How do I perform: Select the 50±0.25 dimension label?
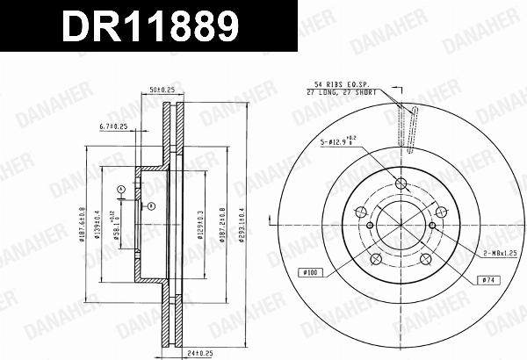click(x=162, y=90)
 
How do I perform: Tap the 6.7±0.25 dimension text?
click(x=113, y=127)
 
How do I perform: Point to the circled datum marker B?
click(x=152, y=206)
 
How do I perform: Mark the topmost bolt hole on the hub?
click(x=401, y=184)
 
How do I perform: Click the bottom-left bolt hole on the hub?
click(x=375, y=258)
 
